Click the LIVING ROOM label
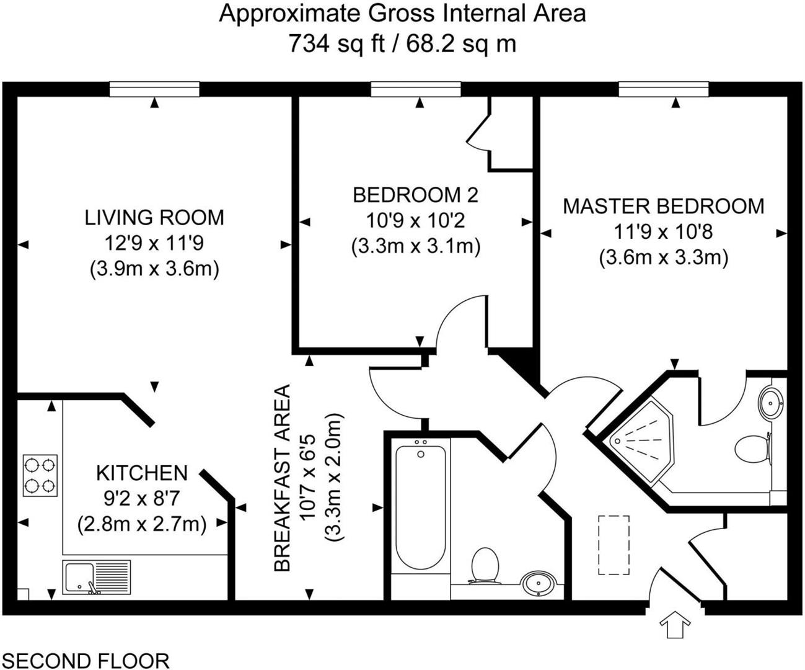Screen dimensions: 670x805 (154, 218)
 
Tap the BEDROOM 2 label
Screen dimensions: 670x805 (415, 195)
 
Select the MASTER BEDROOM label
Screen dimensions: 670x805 (663, 206)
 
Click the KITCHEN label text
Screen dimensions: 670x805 (141, 473)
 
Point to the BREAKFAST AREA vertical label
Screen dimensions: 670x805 (283, 478)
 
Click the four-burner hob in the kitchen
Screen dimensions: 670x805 (40, 476)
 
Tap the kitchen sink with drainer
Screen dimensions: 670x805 (96, 576)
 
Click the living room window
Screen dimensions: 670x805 (154, 91)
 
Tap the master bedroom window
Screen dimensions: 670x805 (663, 91)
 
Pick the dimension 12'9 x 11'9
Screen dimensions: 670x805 (154, 243)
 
